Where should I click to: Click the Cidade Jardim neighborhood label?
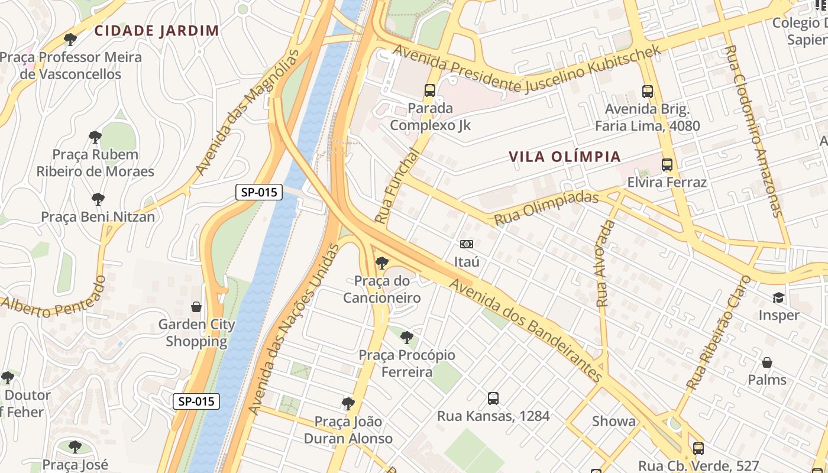pyautogui.click(x=157, y=31)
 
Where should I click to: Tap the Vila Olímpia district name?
pyautogui.click(x=565, y=157)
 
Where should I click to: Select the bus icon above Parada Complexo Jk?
pyautogui.click(x=430, y=90)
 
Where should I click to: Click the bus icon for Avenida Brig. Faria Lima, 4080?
pyautogui.click(x=648, y=92)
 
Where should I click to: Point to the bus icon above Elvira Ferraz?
pyautogui.click(x=667, y=165)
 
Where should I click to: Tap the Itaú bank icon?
pyautogui.click(x=467, y=244)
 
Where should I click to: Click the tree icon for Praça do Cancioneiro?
pyautogui.click(x=382, y=263)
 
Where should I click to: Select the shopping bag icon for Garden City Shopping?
pyautogui.click(x=196, y=307)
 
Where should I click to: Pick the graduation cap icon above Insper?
pyautogui.click(x=778, y=297)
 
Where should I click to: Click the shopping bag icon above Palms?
pyautogui.click(x=767, y=362)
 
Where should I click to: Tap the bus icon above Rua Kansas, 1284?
pyautogui.click(x=493, y=399)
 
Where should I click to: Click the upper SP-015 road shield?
pyautogui.click(x=259, y=192)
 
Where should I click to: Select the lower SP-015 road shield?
pyautogui.click(x=196, y=401)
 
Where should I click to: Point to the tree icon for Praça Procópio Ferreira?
pyautogui.click(x=406, y=338)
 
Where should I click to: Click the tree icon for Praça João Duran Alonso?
pyautogui.click(x=348, y=404)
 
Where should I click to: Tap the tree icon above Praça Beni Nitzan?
pyautogui.click(x=98, y=199)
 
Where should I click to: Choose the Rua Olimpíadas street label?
pyautogui.click(x=546, y=208)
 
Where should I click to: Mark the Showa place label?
pyautogui.click(x=614, y=422)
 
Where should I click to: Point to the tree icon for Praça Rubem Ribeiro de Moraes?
pyautogui.click(x=95, y=137)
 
